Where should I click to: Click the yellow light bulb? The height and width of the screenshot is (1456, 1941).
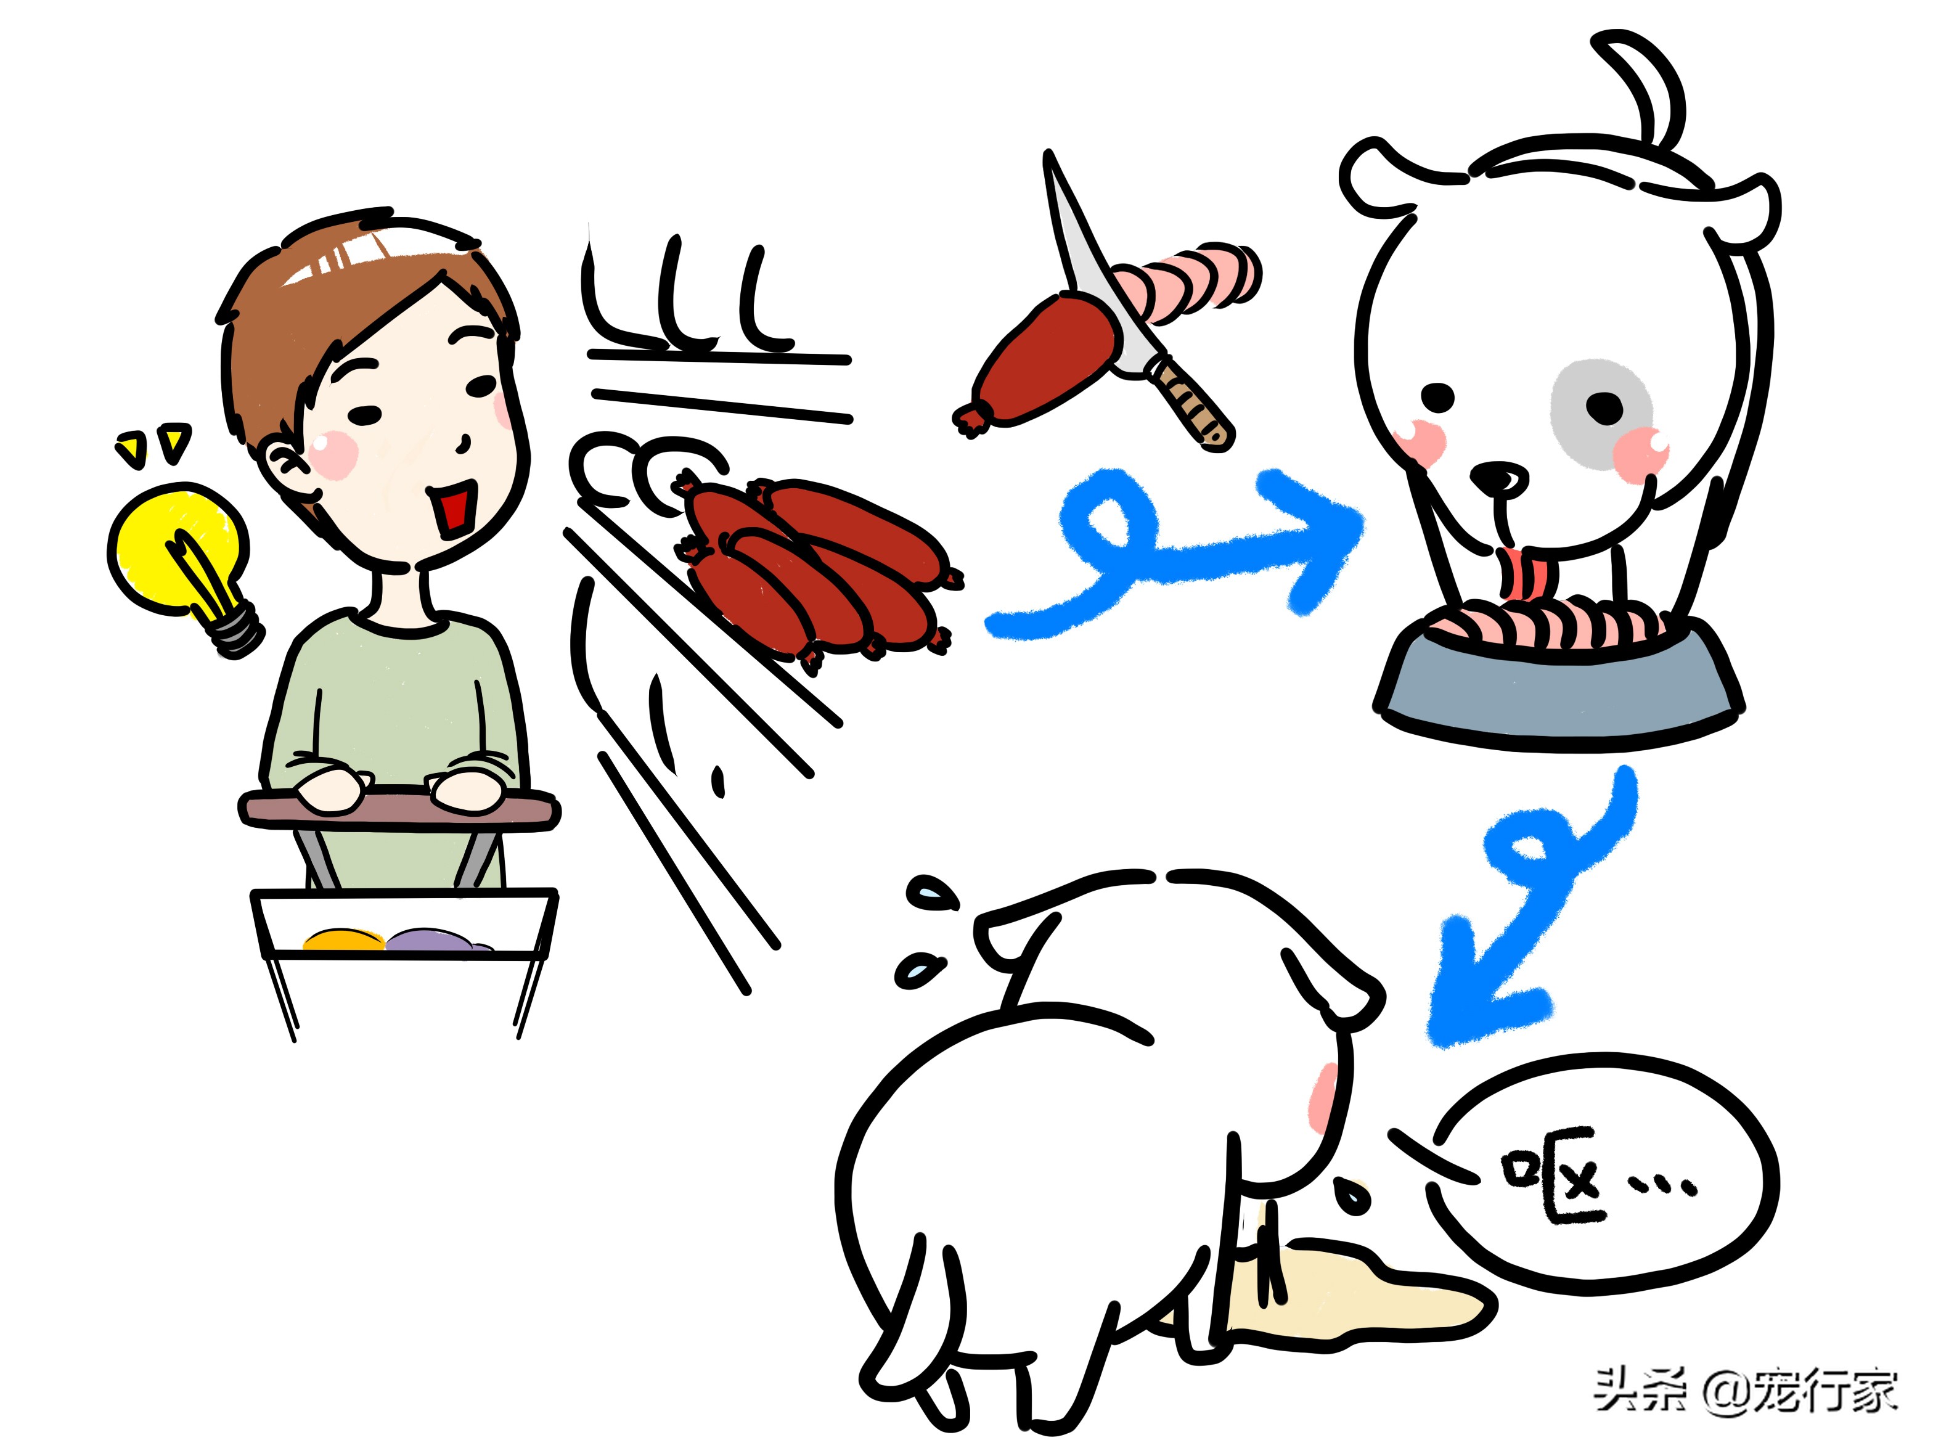click(x=180, y=553)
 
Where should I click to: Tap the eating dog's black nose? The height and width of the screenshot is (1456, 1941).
click(x=1500, y=478)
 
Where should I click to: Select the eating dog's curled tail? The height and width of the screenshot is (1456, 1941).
click(x=1654, y=88)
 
